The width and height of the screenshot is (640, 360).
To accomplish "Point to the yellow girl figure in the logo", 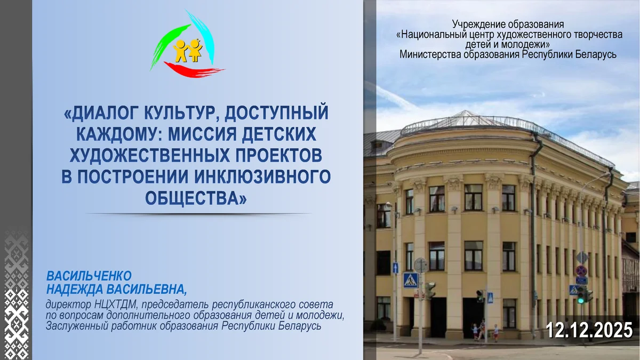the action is [x=195, y=50].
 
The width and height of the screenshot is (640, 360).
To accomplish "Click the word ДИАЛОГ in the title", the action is [x=101, y=113].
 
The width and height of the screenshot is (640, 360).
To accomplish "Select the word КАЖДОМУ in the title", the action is [x=119, y=134].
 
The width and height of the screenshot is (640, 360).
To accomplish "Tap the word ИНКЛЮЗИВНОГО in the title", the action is [x=262, y=177].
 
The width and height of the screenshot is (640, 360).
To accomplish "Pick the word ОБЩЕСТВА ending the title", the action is [x=195, y=198].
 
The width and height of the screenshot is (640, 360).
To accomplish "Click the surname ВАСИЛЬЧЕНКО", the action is [x=89, y=276].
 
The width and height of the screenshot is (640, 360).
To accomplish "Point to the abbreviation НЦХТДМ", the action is [x=116, y=305].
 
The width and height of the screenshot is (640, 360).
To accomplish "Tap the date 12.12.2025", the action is [x=589, y=330].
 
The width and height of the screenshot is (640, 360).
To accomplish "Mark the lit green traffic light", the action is [x=580, y=300].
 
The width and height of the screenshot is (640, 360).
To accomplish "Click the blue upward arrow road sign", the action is [x=395, y=268].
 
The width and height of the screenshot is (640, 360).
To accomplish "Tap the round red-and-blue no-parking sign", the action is [x=581, y=270].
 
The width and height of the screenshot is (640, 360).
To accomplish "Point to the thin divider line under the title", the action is [x=198, y=213].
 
